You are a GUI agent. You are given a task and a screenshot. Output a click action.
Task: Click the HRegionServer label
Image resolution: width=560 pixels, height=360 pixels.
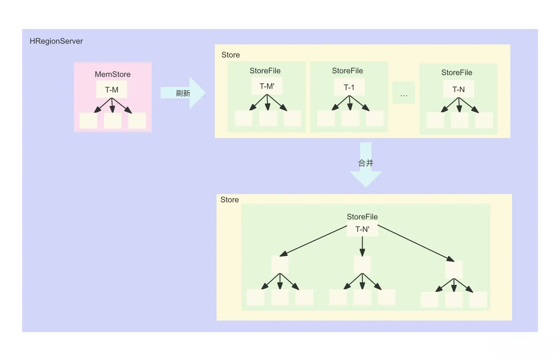pyautogui.click(x=56, y=41)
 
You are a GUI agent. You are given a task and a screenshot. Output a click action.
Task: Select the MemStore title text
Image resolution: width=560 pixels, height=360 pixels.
pyautogui.click(x=113, y=74)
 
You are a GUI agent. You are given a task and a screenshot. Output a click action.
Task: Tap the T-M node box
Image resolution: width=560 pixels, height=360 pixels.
pyautogui.click(x=112, y=89)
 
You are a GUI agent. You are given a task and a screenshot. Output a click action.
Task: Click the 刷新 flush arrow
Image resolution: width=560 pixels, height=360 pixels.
pyautogui.click(x=183, y=93)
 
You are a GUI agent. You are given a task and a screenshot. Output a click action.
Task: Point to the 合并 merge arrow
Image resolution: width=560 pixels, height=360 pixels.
pyautogui.click(x=366, y=163)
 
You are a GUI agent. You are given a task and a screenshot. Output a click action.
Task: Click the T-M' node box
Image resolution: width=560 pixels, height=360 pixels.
pyautogui.click(x=267, y=86)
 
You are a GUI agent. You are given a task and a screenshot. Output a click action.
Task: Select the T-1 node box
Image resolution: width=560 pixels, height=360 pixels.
pyautogui.click(x=349, y=87)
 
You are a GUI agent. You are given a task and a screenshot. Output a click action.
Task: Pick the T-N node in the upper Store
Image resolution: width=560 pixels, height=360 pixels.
pyautogui.click(x=458, y=89)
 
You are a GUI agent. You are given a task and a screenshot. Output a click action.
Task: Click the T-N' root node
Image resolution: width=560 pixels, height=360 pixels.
pyautogui.click(x=362, y=230)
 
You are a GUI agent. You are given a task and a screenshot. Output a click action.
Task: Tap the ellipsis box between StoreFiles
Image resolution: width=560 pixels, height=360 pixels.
pyautogui.click(x=404, y=93)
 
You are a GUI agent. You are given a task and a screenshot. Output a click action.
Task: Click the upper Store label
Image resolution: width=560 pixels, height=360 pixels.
pyautogui.click(x=231, y=55)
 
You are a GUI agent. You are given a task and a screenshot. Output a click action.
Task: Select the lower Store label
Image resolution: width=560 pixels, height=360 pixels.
pyautogui.click(x=229, y=200)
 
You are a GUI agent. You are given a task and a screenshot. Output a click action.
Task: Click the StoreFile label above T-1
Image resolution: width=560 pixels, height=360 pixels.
pyautogui.click(x=347, y=71)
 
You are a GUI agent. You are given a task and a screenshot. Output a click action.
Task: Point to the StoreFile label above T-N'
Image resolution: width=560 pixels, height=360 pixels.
pyautogui.click(x=362, y=216)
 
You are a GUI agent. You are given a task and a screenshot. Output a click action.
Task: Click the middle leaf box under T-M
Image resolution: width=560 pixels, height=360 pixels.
pyautogui.click(x=113, y=121)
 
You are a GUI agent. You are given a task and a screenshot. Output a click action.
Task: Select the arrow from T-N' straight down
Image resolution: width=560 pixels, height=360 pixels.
pyautogui.click(x=362, y=246)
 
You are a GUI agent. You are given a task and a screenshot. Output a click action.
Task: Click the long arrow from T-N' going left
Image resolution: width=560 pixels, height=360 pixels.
pyautogui.click(x=313, y=241)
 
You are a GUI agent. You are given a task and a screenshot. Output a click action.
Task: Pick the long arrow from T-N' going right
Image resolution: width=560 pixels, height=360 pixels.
pyautogui.click(x=416, y=243)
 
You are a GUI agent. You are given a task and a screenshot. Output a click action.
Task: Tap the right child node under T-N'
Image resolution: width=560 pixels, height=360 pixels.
pyautogui.click(x=454, y=269)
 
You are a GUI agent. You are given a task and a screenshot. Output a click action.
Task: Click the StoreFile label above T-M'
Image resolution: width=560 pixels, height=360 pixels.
pyautogui.click(x=265, y=71)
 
